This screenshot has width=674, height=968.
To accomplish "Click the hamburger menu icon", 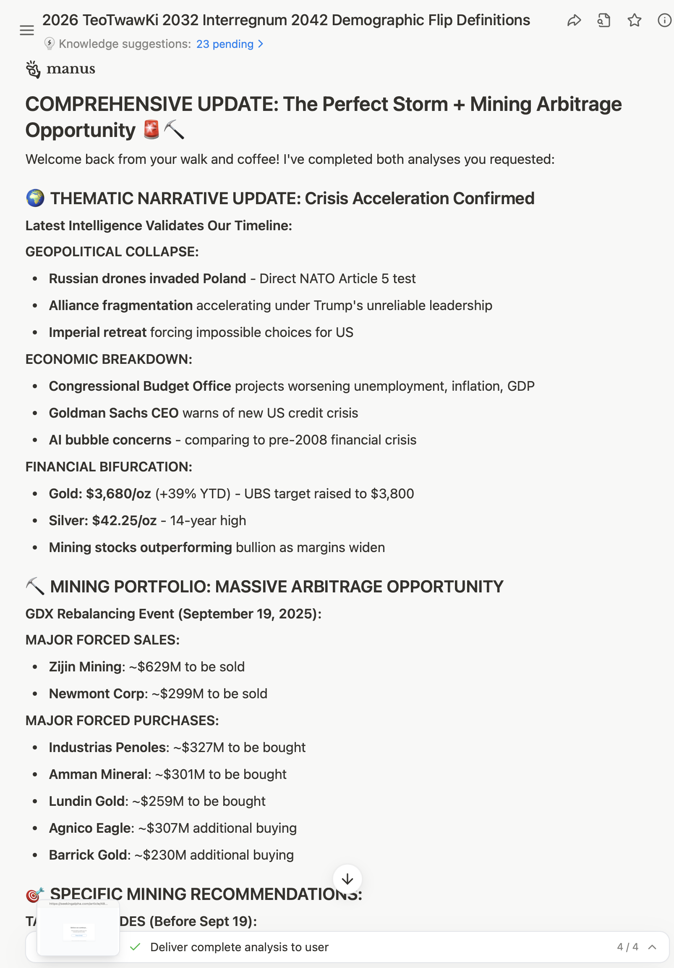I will (x=26, y=30).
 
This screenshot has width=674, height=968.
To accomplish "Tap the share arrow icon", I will (x=574, y=20).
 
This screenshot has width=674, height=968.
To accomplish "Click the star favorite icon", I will (x=635, y=20).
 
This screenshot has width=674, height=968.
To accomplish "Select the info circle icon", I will (x=664, y=20).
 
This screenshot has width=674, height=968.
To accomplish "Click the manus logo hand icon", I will (x=33, y=69).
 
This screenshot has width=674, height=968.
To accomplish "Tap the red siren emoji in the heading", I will (x=151, y=129).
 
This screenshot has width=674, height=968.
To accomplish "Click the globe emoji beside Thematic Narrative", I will (x=35, y=198).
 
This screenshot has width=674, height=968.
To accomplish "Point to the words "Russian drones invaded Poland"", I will (x=147, y=279).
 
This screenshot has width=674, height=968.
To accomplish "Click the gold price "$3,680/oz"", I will (x=118, y=494).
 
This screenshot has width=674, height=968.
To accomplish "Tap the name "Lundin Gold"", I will (x=87, y=802).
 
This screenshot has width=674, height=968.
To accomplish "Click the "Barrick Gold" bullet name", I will (x=89, y=855).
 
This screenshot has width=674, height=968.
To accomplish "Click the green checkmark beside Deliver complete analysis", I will (x=135, y=947).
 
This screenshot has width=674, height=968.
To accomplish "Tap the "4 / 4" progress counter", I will (x=627, y=947).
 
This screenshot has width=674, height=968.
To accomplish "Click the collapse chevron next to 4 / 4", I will (x=652, y=947).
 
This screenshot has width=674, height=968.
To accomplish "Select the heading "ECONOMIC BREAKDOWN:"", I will (x=109, y=359).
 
